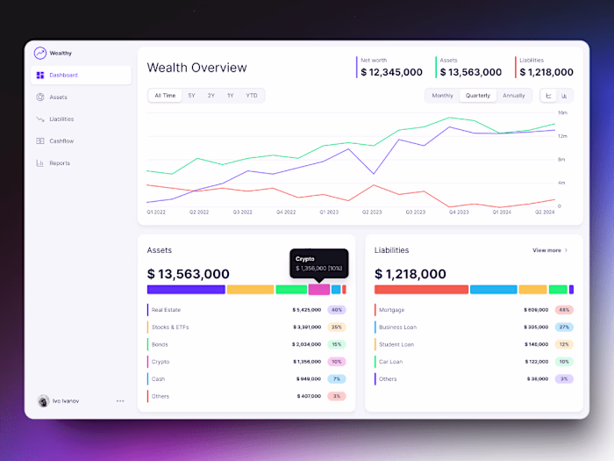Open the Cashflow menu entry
61,140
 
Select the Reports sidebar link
60,162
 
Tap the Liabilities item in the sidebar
61,119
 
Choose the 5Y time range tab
191,95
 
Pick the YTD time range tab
252,95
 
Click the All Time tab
165,95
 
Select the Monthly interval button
442,95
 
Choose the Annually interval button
514,95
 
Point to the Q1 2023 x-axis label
329,212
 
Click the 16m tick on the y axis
562,113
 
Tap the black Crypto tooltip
319,263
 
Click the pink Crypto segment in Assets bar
319,289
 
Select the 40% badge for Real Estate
337,310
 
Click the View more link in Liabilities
550,250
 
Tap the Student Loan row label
396,344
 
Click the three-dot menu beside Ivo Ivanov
120,400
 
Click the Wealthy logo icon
39,53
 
